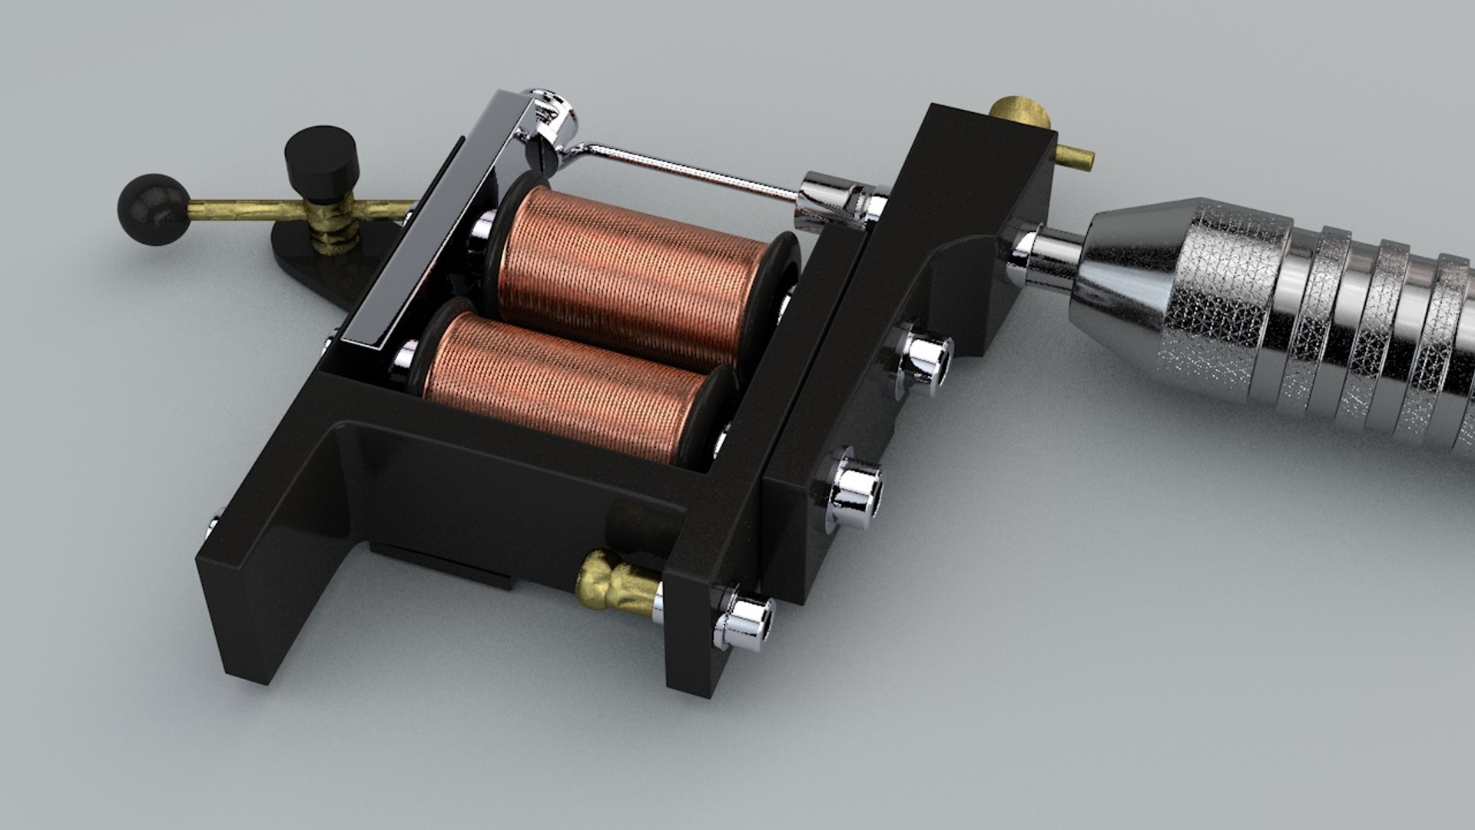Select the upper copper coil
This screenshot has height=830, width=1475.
(630, 273)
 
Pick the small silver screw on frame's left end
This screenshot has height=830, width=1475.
(214, 526)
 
